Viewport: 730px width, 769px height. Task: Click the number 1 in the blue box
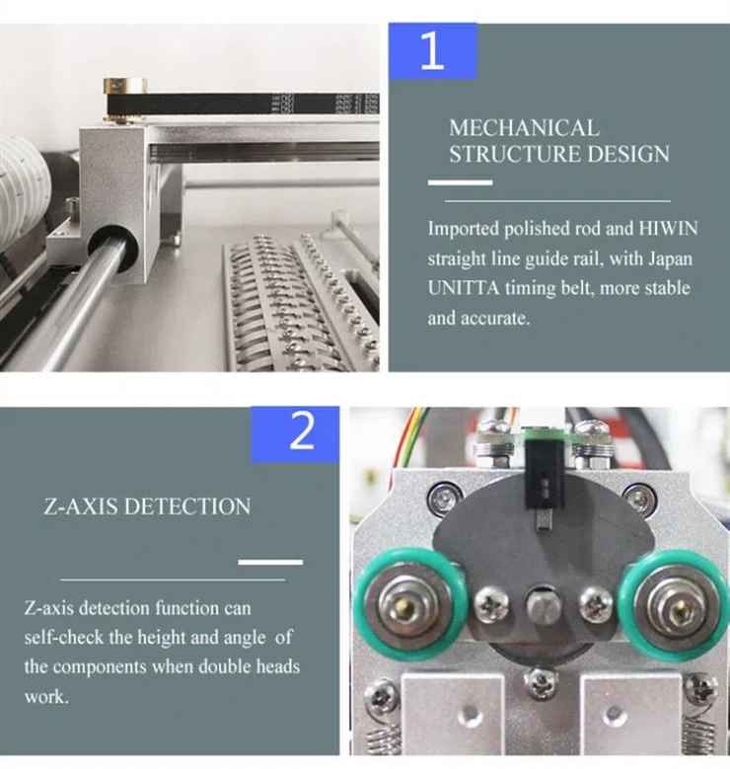[432, 50]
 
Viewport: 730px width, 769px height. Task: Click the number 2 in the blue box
[302, 431]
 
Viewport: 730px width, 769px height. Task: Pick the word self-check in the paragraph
[67, 638]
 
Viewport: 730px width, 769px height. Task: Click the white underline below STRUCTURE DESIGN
[460, 183]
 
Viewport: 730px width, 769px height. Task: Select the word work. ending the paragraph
[45, 697]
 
